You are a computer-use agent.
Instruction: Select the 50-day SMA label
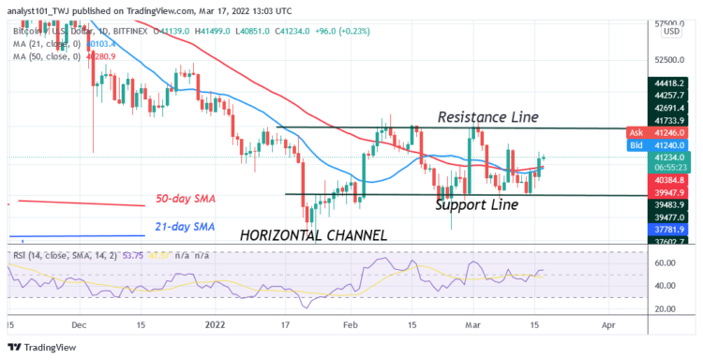(x=187, y=199)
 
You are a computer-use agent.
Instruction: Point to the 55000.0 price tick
(x=667, y=22)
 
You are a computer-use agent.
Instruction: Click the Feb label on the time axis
(x=351, y=323)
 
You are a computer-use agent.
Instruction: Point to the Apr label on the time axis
(x=607, y=323)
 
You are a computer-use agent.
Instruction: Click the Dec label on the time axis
(x=80, y=323)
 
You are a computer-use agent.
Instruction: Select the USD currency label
(x=671, y=33)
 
